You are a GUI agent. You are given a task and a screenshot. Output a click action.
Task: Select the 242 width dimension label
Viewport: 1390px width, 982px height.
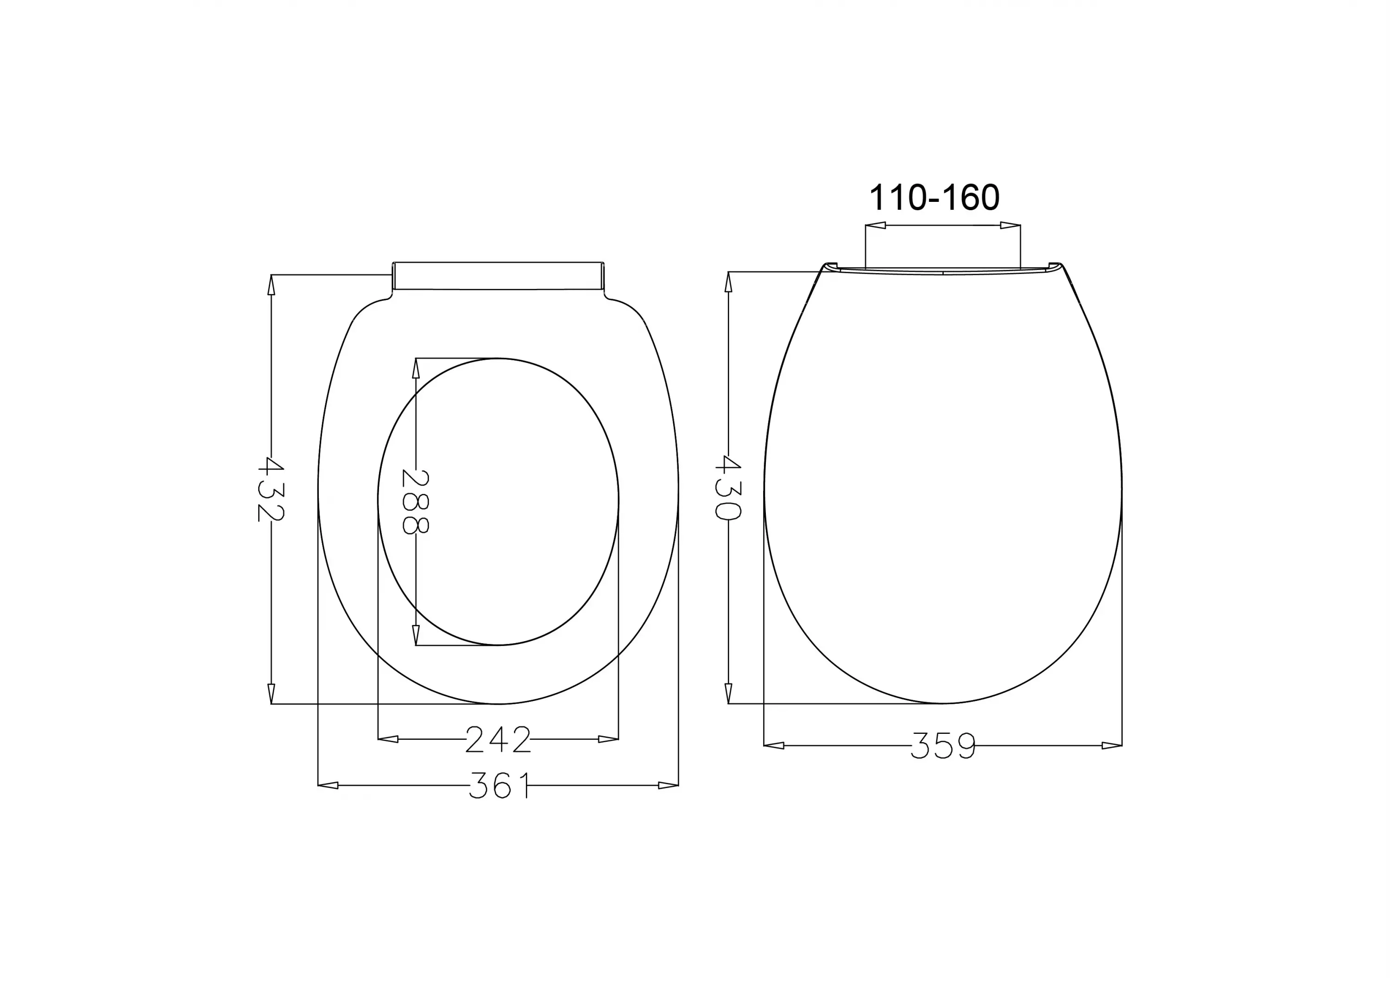[x=498, y=739]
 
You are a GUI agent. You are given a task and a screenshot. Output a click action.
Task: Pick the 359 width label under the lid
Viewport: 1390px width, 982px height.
[x=943, y=746]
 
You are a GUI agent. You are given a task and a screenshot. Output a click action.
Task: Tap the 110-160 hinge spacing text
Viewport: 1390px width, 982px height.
[x=934, y=198]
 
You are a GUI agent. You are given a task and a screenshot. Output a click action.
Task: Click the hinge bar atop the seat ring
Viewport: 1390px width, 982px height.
[x=498, y=276]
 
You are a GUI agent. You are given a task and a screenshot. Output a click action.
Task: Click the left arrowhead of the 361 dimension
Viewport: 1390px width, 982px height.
[x=328, y=785]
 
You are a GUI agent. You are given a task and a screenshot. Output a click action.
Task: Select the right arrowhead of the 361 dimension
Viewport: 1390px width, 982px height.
[x=669, y=785]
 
